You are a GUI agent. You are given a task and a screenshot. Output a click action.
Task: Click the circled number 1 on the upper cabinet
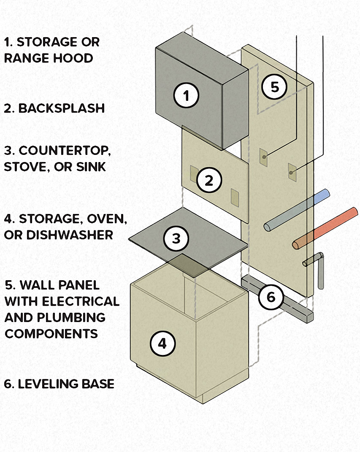tap(186, 96)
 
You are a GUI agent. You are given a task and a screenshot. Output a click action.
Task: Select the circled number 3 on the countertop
tap(176, 238)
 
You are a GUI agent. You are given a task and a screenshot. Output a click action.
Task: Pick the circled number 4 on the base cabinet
tap(162, 344)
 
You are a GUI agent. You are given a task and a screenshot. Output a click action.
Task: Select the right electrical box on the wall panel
tap(292, 171)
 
